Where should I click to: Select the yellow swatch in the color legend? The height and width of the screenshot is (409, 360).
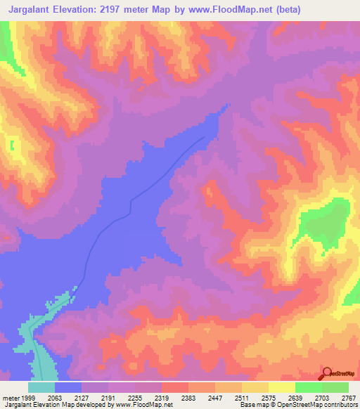pos(281,387)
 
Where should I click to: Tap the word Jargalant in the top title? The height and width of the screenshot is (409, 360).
pos(34,10)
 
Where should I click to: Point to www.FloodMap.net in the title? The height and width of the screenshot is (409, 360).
pos(231,10)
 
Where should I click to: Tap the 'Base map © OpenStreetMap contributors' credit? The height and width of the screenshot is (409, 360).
pos(299,404)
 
